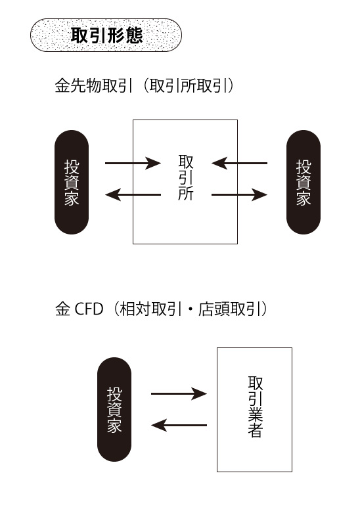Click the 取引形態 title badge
pyautogui.click(x=106, y=35)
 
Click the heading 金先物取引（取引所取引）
pyautogui.click(x=145, y=86)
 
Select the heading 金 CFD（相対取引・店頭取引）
pyautogui.click(x=162, y=309)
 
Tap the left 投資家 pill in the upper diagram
pyautogui.click(x=72, y=182)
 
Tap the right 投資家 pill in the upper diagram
pyautogui.click(x=304, y=182)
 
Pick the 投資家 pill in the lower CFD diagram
pyautogui.click(x=114, y=409)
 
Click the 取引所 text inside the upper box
pyautogui.click(x=186, y=178)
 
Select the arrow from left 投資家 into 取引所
pyautogui.click(x=133, y=162)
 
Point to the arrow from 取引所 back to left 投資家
pyautogui.click(x=133, y=194)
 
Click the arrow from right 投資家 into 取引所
pyautogui.click(x=239, y=162)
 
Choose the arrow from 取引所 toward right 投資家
pyautogui.click(x=239, y=194)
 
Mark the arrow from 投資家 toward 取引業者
pyautogui.click(x=179, y=393)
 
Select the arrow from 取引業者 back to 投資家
pyautogui.click(x=179, y=425)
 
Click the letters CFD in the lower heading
pyautogui.click(x=89, y=309)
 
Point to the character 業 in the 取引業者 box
pyautogui.click(x=256, y=414)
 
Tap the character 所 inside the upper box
pyautogui.click(x=186, y=194)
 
